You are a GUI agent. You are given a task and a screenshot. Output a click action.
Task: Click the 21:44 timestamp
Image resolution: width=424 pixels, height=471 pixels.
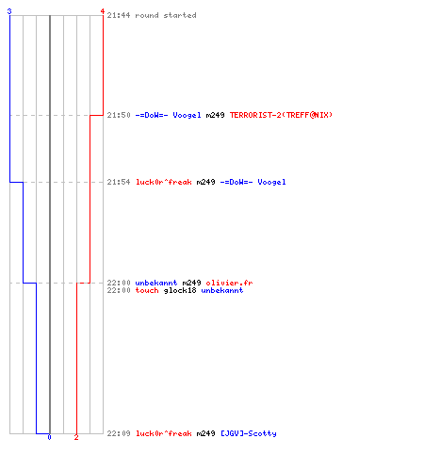coord(119,15)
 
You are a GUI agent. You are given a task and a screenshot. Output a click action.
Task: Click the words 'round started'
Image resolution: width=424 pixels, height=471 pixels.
coord(166,15)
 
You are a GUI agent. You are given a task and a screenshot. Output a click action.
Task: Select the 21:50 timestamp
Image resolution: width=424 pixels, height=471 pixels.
coord(119,115)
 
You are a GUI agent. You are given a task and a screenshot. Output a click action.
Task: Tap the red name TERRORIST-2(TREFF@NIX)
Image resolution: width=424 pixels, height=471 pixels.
coord(281,115)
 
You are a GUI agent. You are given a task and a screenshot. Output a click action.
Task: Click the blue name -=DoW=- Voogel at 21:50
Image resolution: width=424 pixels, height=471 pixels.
coord(168,115)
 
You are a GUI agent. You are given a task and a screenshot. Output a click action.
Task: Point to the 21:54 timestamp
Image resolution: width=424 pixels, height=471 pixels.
coord(119,182)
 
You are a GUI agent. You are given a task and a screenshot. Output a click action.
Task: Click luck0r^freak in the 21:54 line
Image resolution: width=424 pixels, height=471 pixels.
coord(163,182)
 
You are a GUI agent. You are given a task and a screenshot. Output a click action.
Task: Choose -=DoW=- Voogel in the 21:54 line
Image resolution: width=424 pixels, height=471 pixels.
coord(253,182)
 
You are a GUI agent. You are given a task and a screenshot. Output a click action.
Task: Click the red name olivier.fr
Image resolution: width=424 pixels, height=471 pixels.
coord(229,283)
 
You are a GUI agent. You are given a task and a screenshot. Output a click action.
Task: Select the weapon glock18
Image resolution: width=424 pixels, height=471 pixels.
coord(180,290)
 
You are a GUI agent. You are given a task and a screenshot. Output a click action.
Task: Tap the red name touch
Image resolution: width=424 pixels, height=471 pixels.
coord(147,290)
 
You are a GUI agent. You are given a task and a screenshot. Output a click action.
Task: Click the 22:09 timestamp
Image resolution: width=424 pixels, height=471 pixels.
coord(119,433)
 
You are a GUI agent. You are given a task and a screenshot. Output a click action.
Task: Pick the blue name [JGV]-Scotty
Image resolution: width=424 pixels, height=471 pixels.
coord(249,433)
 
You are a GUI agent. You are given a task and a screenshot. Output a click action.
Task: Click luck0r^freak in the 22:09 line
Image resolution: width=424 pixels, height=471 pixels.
coord(163,433)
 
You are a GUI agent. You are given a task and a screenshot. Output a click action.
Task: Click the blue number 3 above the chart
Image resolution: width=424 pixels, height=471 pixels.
coord(9,11)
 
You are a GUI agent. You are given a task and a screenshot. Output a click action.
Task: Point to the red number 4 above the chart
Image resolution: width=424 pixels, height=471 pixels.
coord(102,11)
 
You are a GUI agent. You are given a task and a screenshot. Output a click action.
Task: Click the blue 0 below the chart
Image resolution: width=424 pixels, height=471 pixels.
coord(49,437)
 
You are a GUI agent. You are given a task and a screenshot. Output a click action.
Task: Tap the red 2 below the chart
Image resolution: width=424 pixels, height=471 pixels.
coord(76,437)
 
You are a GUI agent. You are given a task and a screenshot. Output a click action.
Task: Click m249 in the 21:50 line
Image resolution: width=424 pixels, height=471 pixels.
coord(215,115)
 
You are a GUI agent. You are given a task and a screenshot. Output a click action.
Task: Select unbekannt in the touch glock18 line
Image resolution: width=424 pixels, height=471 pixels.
coord(222,290)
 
